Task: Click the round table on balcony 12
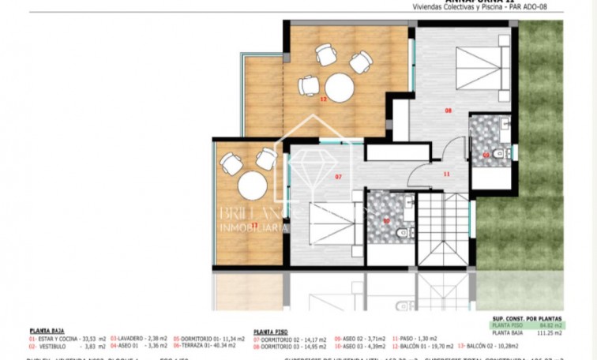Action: click(x=340, y=87)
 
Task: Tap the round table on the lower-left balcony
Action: click(x=253, y=187)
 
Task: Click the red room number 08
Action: click(x=448, y=111)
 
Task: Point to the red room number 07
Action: click(x=338, y=176)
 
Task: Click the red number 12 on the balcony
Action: click(x=323, y=99)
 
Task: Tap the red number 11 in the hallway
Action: click(x=445, y=174)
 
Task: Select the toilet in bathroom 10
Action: click(x=402, y=231)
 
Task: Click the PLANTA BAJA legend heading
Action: click(x=47, y=332)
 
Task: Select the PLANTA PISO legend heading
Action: click(x=271, y=332)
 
